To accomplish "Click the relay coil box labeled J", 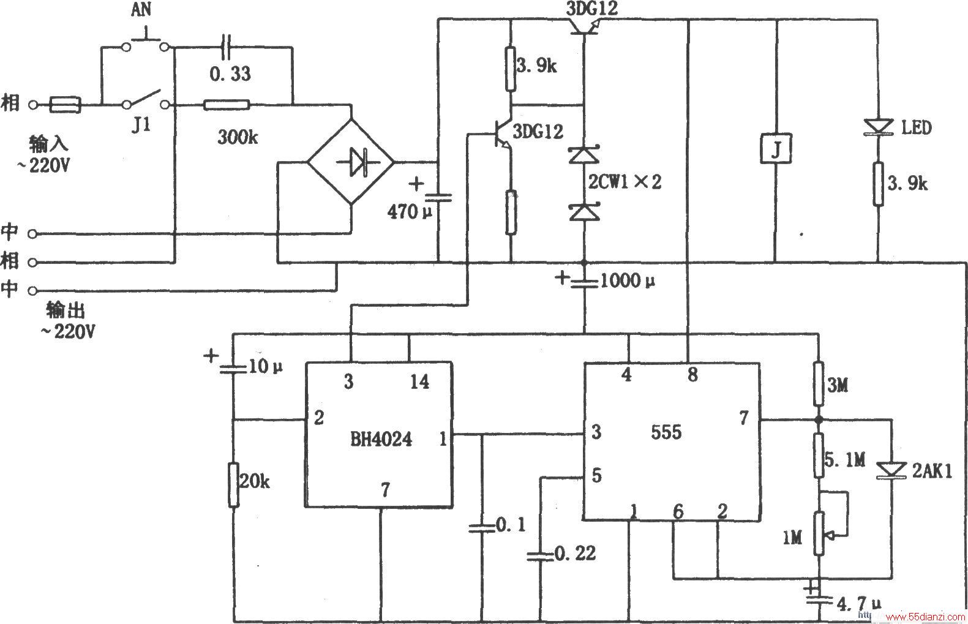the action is [776, 149].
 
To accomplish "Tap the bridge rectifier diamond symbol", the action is [350, 163].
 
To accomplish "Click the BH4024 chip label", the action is [381, 440].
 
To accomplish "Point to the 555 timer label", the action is [666, 432].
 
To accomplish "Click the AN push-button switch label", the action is [141, 10].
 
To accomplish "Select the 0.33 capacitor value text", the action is [230, 74].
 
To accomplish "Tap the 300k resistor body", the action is [227, 105].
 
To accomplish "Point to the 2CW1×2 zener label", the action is [625, 182].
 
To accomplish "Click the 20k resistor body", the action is [233, 484].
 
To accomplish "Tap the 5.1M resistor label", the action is [844, 460].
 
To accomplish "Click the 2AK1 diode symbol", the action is [891, 470].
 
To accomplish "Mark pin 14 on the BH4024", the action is [419, 382].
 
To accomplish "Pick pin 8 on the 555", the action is [692, 375].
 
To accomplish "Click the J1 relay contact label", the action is [141, 126].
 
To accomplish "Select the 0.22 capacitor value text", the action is [575, 553].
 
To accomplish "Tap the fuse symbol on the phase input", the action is [66, 105].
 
